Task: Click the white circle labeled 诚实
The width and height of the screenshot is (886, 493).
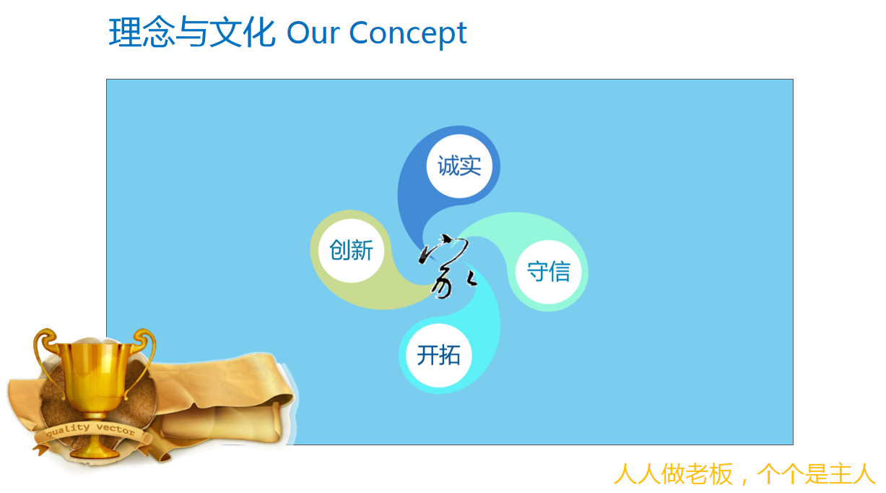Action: [459, 166]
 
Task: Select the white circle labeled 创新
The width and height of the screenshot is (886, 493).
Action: [351, 250]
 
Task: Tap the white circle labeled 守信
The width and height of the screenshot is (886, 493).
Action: [549, 272]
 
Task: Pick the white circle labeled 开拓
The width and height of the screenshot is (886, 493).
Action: [438, 355]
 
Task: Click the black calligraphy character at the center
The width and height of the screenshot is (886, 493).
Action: [446, 265]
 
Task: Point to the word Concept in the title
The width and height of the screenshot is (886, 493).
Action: [408, 33]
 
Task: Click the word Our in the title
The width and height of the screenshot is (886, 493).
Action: [313, 33]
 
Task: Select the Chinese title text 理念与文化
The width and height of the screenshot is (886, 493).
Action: [192, 32]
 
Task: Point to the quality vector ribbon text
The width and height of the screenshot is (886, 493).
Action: [90, 429]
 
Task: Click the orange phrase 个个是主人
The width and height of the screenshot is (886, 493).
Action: [815, 474]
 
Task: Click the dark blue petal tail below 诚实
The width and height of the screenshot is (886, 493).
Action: [412, 222]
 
